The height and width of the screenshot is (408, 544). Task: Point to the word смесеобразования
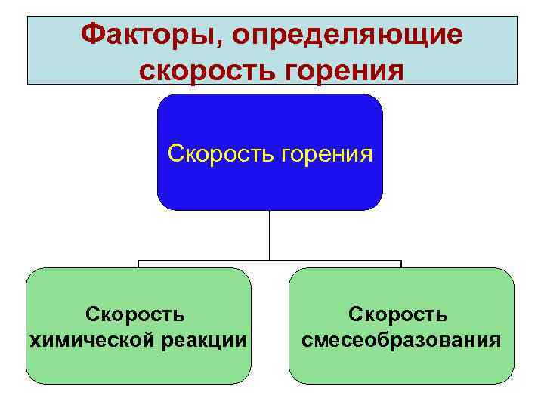pyautogui.click(x=400, y=340)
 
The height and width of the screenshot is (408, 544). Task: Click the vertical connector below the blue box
pyautogui.click(x=270, y=234)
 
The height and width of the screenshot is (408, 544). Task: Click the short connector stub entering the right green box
pyautogui.click(x=401, y=264)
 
